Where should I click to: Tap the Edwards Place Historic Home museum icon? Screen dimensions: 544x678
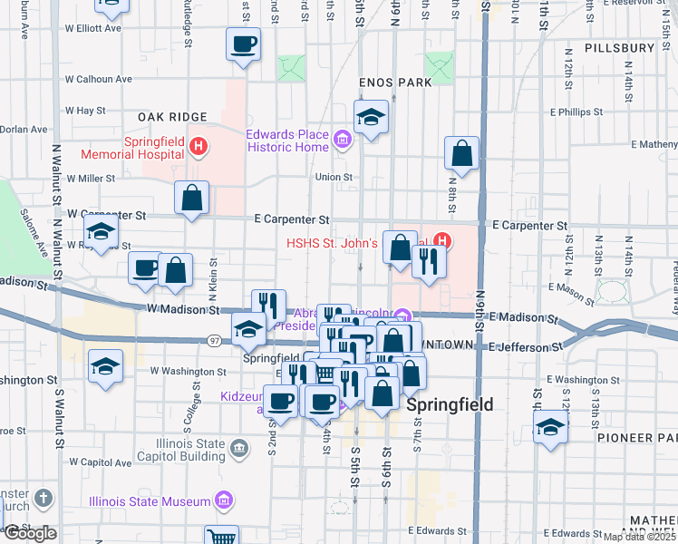342,141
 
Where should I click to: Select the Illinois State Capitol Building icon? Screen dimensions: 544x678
238,446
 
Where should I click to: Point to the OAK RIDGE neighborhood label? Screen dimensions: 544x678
172,117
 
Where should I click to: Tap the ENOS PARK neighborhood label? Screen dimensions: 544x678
394,83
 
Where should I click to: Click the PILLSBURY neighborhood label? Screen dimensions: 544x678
620,47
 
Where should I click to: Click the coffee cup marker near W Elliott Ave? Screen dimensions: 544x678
244,44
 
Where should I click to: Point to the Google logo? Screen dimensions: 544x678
30,533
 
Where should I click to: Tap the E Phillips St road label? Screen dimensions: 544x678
576,112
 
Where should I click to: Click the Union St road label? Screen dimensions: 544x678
334,177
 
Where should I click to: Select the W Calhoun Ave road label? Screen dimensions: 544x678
99,79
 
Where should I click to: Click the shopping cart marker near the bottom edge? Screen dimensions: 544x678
220,536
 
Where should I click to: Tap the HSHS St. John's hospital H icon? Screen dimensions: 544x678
441,240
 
